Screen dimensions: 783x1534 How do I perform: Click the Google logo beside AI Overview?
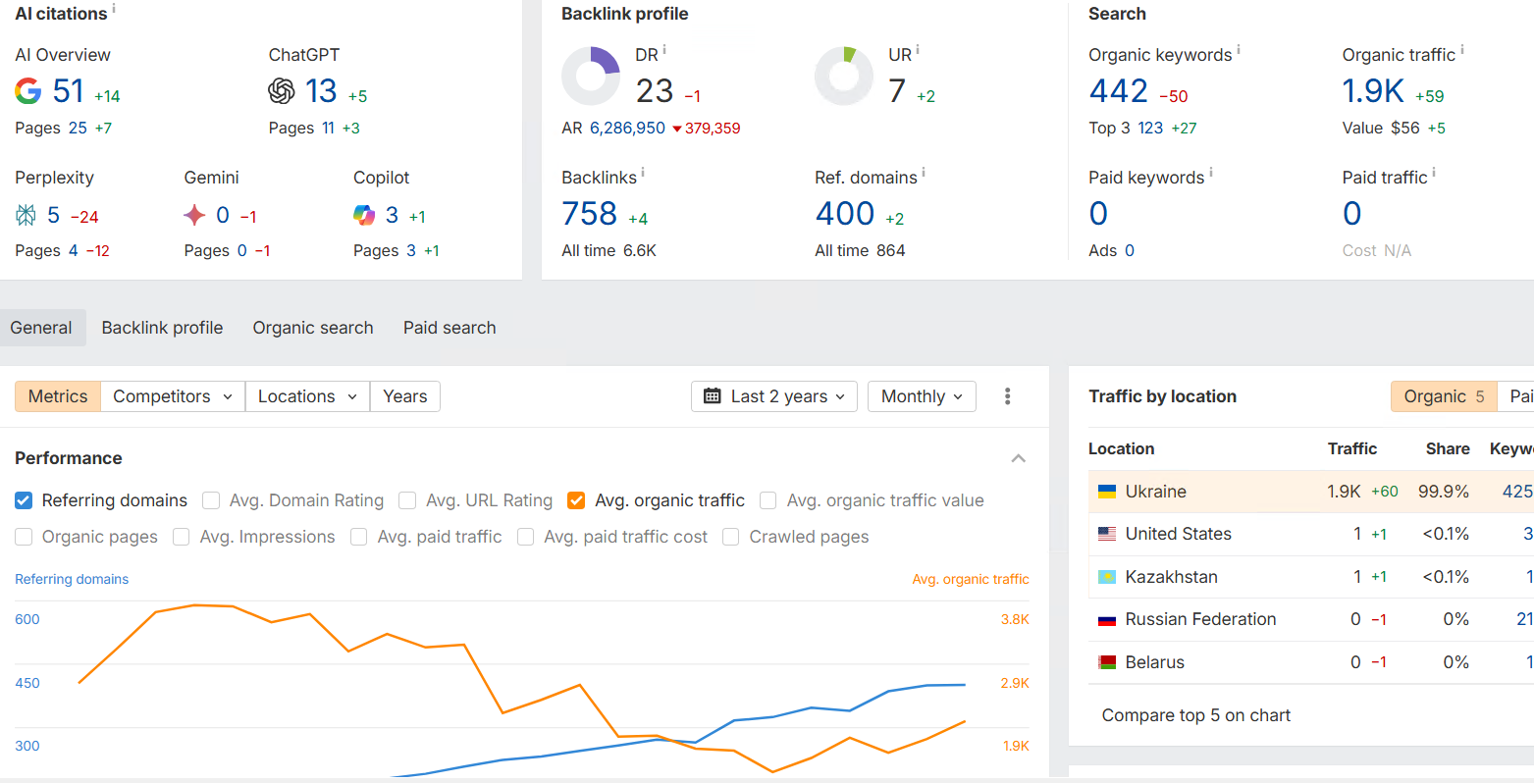tap(28, 91)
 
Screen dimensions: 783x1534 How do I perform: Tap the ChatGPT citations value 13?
tap(321, 91)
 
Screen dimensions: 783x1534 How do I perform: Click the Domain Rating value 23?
tap(655, 91)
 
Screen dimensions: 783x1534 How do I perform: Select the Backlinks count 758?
tap(589, 214)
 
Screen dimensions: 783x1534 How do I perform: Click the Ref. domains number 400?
tap(844, 214)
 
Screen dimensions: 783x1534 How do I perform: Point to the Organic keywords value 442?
tap(1118, 91)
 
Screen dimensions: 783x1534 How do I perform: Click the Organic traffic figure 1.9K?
tap(1373, 91)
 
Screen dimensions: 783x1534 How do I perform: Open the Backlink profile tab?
tap(162, 328)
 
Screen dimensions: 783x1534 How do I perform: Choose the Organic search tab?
tap(313, 328)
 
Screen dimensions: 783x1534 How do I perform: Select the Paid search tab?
tap(450, 328)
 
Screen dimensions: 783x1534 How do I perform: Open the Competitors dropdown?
tap(173, 396)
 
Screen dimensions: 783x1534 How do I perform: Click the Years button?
tap(404, 396)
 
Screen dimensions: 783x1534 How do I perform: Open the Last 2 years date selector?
tap(774, 396)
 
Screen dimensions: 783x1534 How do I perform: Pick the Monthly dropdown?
tap(922, 396)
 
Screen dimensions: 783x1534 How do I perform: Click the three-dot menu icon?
tap(1007, 396)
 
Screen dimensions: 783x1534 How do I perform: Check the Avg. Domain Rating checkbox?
tap(211, 500)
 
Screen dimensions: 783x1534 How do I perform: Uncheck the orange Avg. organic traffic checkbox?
tap(576, 500)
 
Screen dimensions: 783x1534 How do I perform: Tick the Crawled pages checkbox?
tap(731, 537)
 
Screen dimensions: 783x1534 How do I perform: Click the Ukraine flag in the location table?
tap(1107, 492)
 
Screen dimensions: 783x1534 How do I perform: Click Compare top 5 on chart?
tap(1195, 715)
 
